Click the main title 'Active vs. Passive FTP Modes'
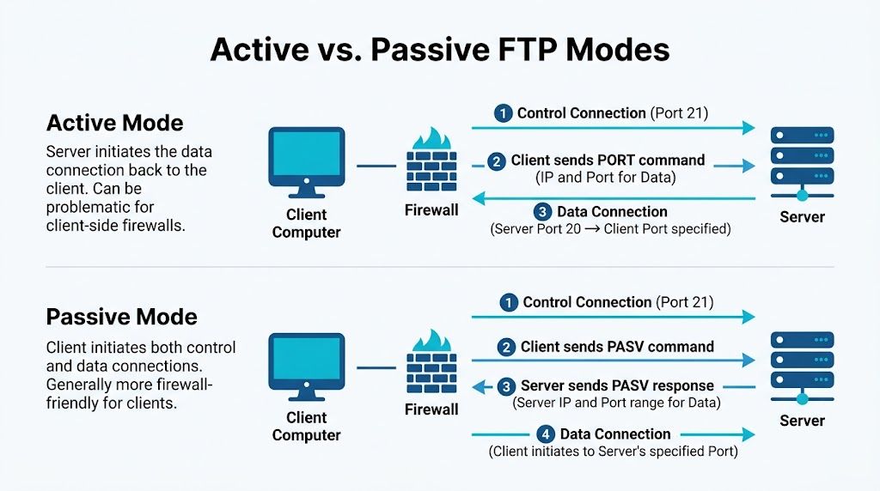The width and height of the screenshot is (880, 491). click(x=439, y=49)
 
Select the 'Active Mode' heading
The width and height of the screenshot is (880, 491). click(x=114, y=123)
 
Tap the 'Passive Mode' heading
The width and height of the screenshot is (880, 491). click(x=121, y=317)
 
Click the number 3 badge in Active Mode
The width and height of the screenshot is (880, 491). click(x=542, y=212)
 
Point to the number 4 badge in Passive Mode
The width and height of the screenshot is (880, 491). click(x=544, y=434)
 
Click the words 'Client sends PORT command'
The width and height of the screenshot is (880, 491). click(x=608, y=161)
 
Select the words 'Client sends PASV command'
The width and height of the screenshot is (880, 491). click(x=617, y=347)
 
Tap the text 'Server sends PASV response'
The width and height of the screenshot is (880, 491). click(x=617, y=386)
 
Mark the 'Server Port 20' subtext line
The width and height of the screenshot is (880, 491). click(x=610, y=229)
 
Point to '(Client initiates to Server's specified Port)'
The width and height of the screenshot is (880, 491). click(x=613, y=451)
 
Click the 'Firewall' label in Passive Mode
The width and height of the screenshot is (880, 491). click(x=431, y=409)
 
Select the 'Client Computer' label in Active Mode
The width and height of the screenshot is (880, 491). click(x=306, y=223)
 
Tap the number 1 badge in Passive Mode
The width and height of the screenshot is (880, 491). click(x=508, y=302)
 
